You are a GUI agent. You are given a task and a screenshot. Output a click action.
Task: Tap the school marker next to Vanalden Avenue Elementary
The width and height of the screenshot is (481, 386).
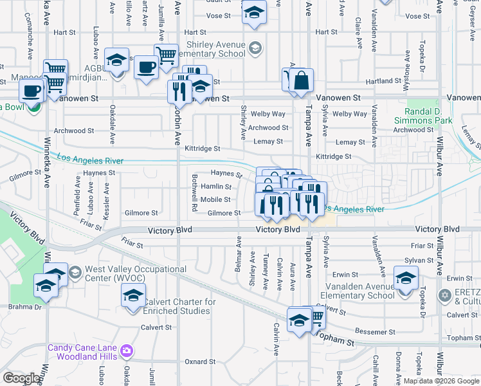coord(406,279)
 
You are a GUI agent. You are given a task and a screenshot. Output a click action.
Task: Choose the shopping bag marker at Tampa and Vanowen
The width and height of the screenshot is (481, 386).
coord(300,82)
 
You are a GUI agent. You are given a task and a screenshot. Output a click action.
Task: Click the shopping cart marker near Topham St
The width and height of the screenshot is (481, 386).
coord(316,317)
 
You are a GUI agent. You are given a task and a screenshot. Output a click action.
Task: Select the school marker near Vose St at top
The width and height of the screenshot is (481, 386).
coord(255,12)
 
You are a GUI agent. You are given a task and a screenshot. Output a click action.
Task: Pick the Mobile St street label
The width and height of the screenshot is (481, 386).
coord(215,199)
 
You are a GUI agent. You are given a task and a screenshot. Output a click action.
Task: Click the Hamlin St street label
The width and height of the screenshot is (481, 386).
coord(216,187)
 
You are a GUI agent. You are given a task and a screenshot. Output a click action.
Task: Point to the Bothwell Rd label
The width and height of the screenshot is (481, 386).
coord(194,192)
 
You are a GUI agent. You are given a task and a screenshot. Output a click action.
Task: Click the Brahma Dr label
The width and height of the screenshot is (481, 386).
coord(25,307)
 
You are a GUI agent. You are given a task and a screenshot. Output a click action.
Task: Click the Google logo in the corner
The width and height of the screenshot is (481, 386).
coord(21,378)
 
